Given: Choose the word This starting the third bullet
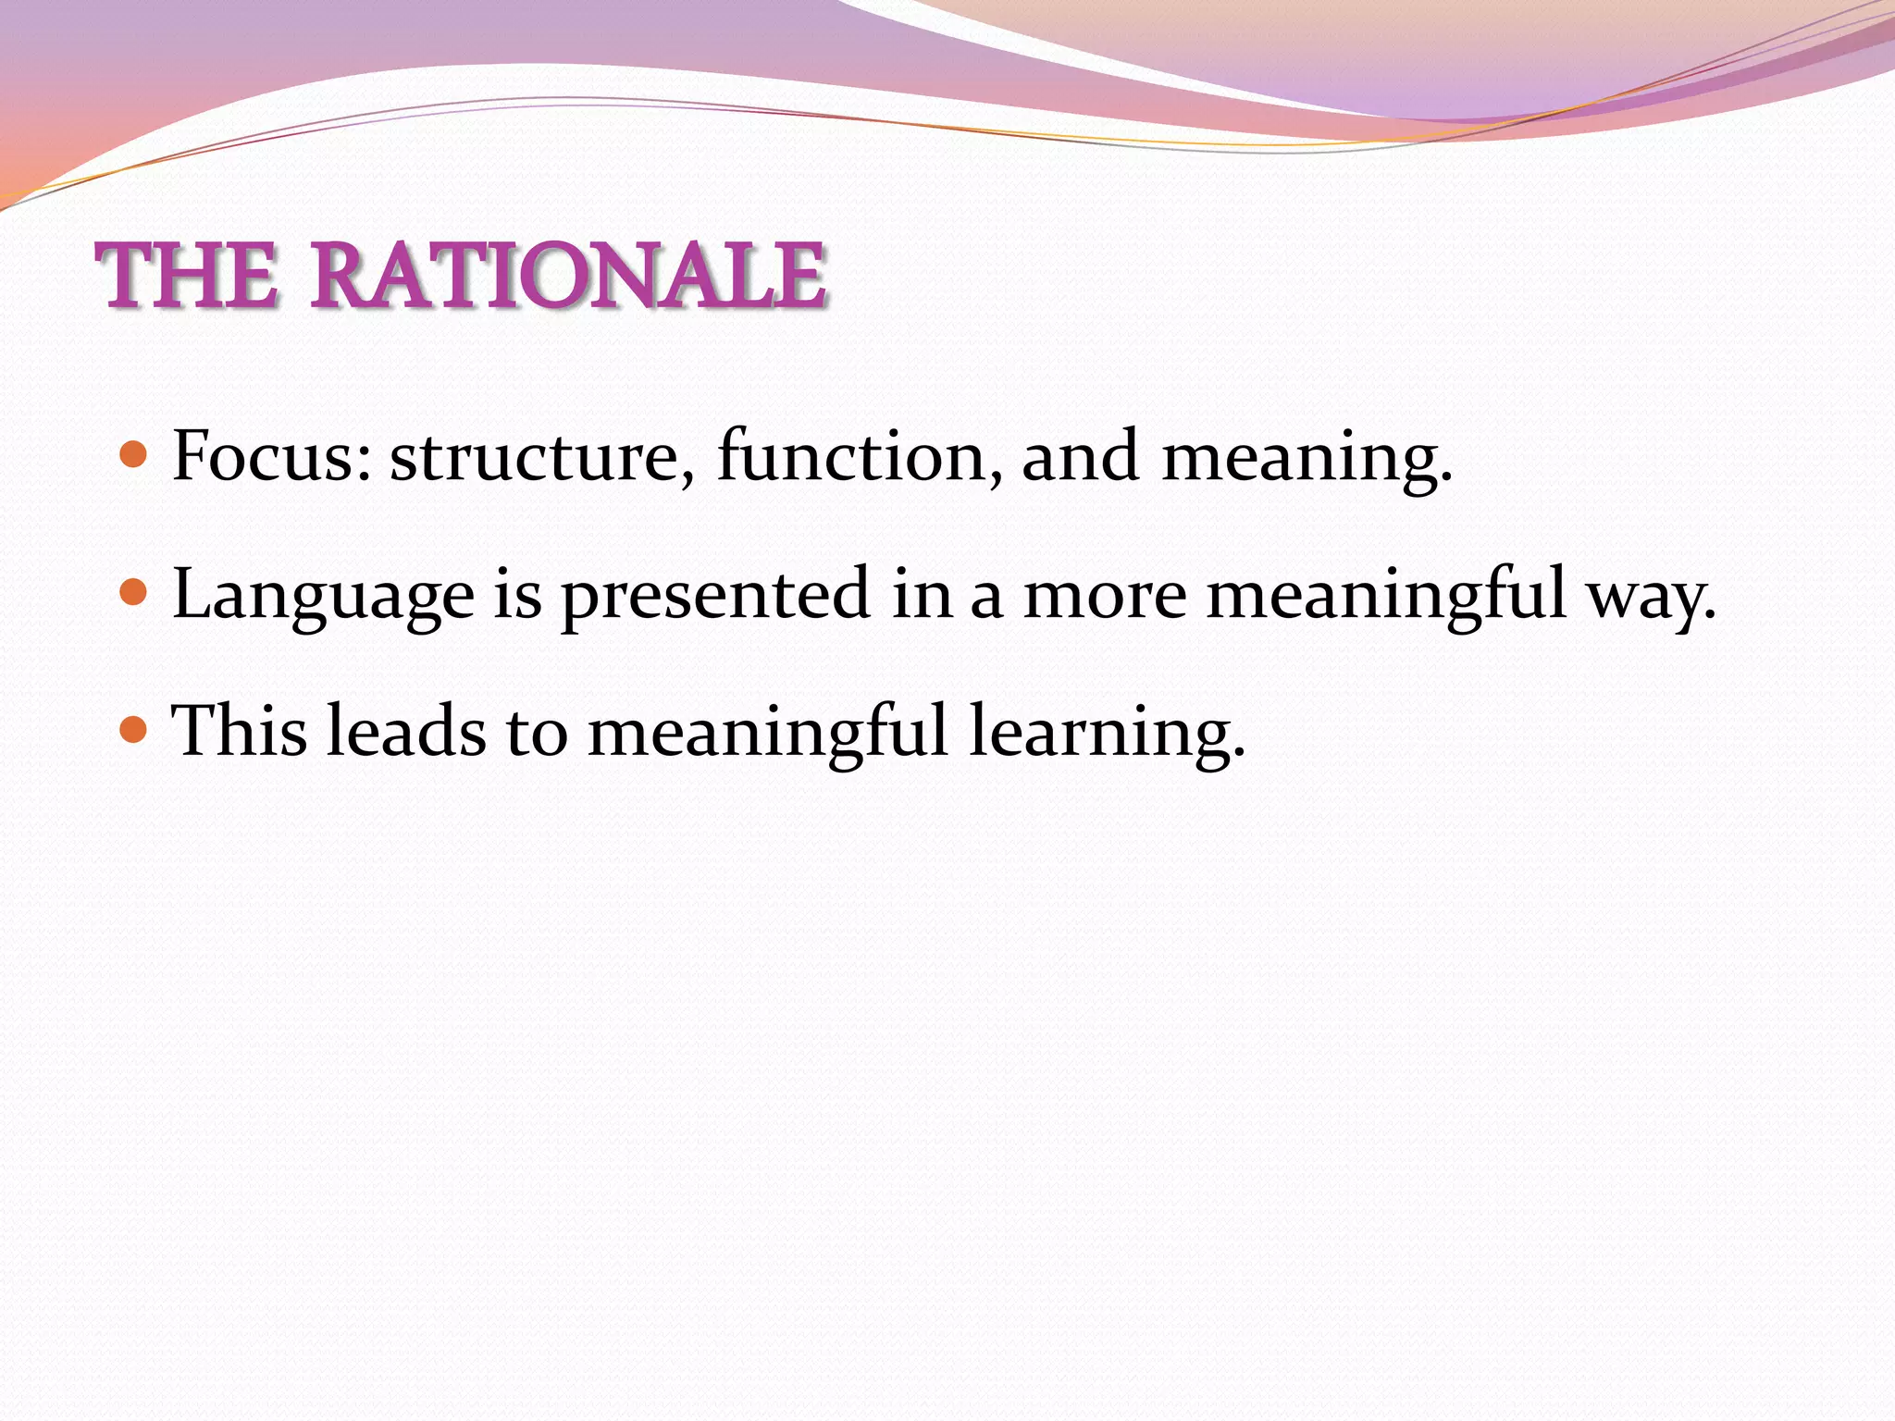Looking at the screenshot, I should pyautogui.click(x=240, y=731).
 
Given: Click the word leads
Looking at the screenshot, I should pyautogui.click(x=405, y=731).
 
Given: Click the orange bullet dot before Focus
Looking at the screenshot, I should pyautogui.click(x=134, y=455).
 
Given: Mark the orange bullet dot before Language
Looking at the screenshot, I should pyautogui.click(x=134, y=592).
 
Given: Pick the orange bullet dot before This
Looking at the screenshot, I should pyautogui.click(x=134, y=730).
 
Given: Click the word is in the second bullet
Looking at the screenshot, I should pyautogui.click(x=517, y=595).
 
